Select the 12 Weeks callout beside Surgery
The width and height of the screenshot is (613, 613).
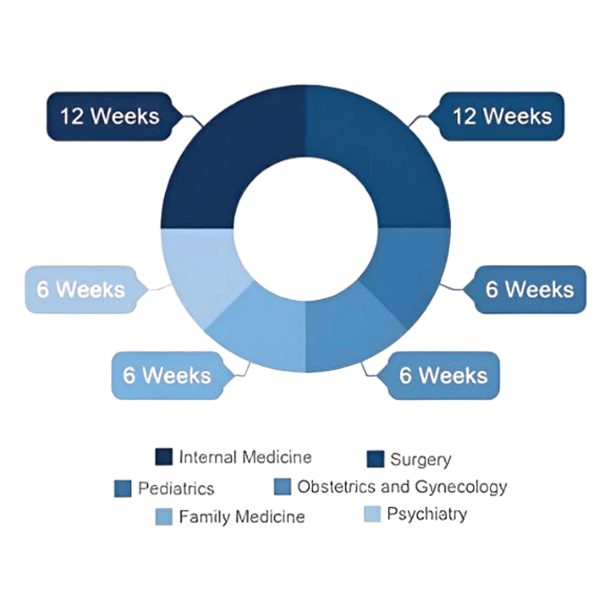tap(501, 116)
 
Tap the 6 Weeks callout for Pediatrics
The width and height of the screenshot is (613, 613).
tap(528, 290)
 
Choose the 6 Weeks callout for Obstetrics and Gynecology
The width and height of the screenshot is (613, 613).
tap(442, 374)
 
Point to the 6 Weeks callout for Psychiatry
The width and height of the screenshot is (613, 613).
tap(81, 290)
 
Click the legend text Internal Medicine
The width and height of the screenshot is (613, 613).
tap(246, 457)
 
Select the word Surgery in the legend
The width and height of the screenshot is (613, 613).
tap(420, 460)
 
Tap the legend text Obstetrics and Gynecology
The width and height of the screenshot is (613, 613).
tap(401, 488)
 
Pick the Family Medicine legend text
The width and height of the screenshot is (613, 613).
tap(242, 517)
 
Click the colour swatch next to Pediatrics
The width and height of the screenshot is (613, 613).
tap(124, 489)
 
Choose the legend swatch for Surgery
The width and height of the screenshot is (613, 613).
tap(377, 459)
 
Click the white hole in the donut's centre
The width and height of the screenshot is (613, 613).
tap(305, 229)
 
